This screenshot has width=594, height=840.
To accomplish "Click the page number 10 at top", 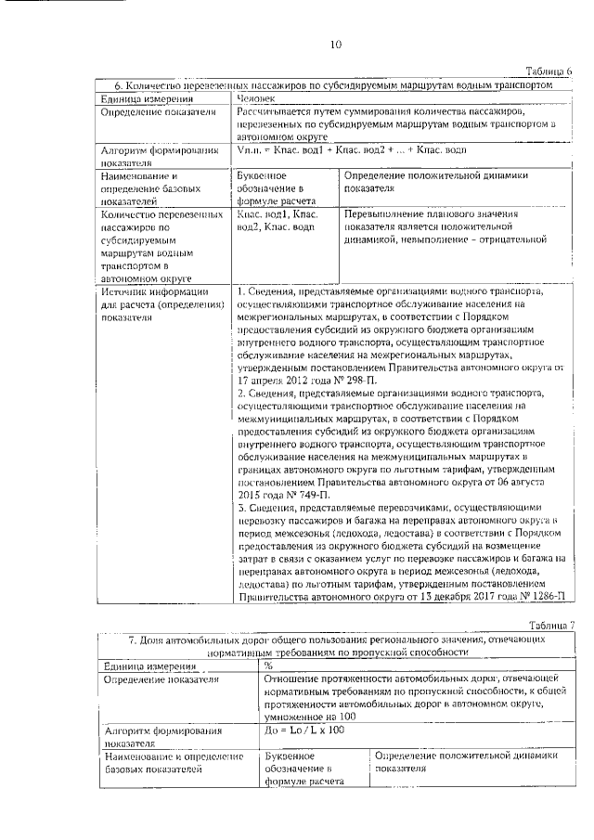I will coord(335,44).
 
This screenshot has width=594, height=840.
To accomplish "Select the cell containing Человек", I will coord(256,97).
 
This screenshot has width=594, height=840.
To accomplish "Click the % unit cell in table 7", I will coord(268,666).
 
